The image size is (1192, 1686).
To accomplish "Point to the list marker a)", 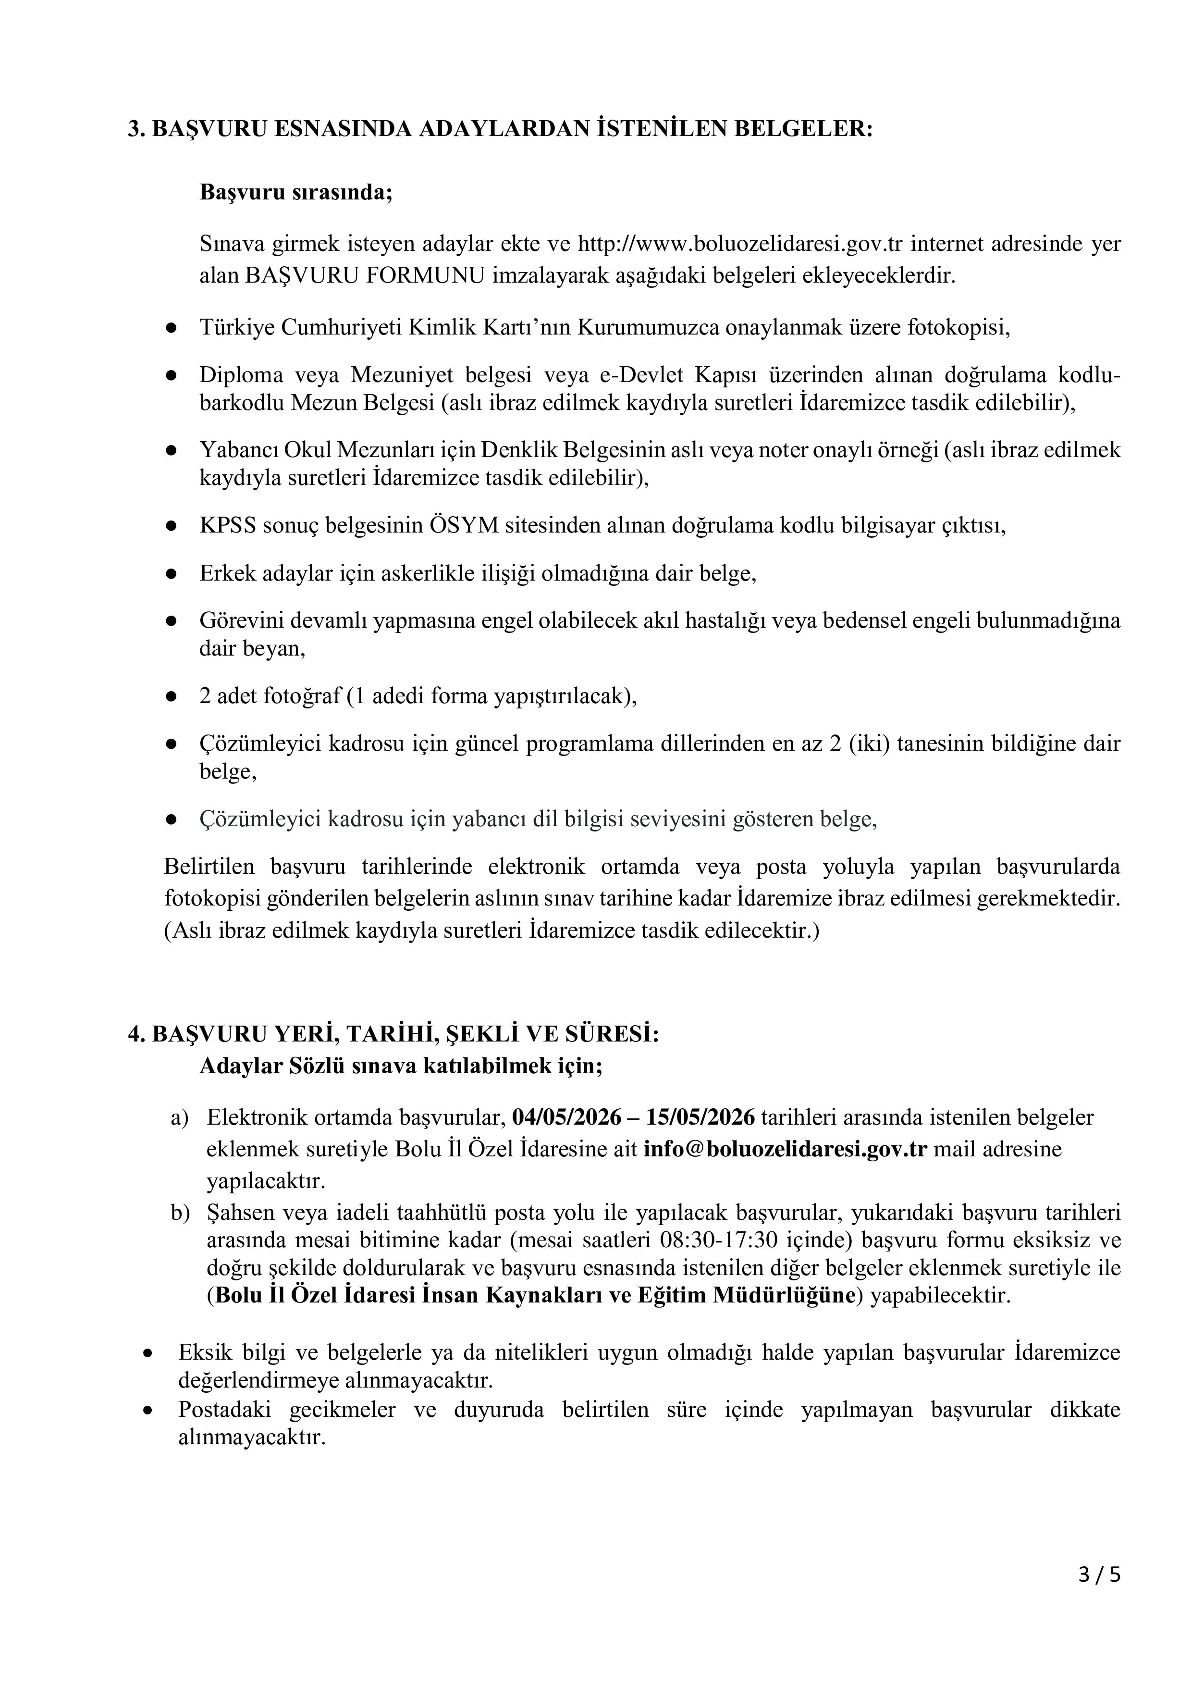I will click(x=180, y=1117).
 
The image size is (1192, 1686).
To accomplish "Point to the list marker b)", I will click(x=180, y=1213).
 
